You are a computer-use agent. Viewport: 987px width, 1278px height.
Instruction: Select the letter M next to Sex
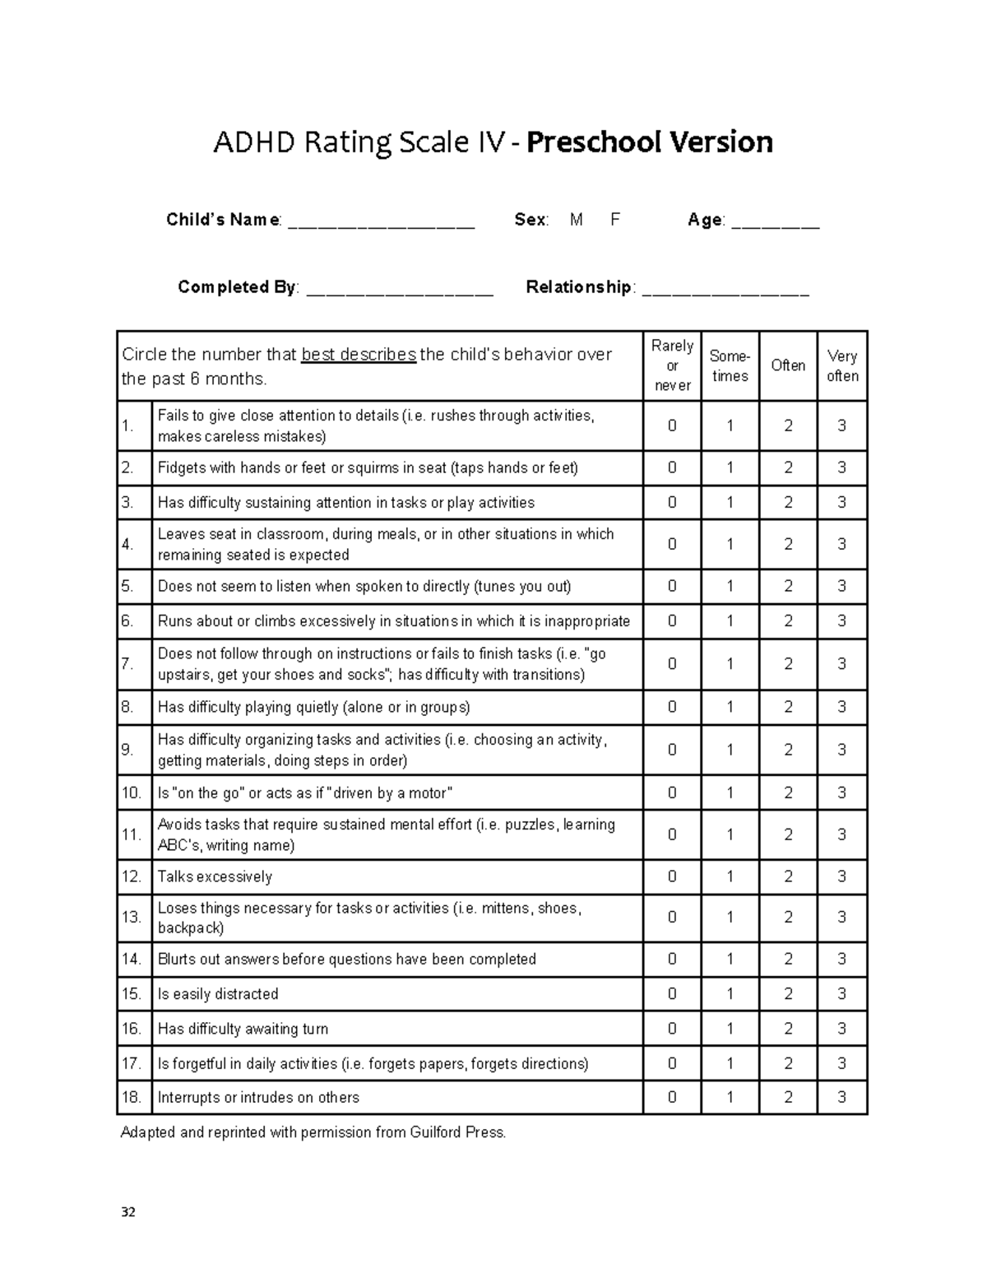pos(576,220)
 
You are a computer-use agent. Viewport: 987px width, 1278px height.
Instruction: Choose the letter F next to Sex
pos(614,220)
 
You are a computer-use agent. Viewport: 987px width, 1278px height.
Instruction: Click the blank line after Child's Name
pos(381,223)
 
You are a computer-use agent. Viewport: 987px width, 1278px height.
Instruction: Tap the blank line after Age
pos(775,223)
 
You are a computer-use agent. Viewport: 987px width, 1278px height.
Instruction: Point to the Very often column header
pos(842,366)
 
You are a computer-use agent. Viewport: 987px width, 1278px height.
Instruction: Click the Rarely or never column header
pos(672,365)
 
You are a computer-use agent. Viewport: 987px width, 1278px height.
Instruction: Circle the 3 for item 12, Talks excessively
pos(841,876)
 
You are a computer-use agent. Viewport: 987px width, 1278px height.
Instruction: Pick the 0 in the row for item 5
pos(672,586)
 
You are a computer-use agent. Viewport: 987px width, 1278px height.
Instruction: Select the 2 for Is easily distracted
pos(788,994)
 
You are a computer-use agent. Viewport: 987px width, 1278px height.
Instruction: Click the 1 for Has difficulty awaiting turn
pos(730,1029)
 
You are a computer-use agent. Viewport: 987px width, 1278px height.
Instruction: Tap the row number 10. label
pos(132,793)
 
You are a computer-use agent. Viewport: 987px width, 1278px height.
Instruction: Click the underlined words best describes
pos(359,355)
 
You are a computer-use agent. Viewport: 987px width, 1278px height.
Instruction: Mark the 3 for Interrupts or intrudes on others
pos(841,1097)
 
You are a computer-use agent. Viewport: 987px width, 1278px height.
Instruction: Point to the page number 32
pos(127,1212)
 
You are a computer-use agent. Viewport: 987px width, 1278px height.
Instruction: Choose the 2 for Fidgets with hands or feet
pos(788,467)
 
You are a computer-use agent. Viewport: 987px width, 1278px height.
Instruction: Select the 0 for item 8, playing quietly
pos(672,707)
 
